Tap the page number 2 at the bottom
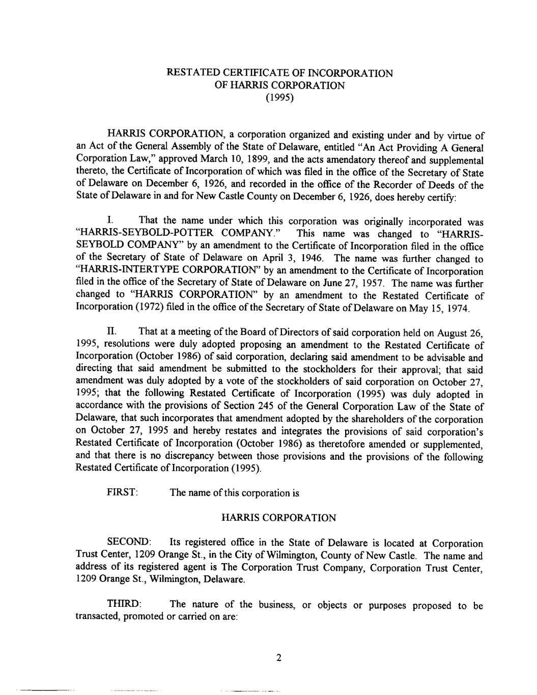(279, 657)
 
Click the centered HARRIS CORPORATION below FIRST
(279, 518)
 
